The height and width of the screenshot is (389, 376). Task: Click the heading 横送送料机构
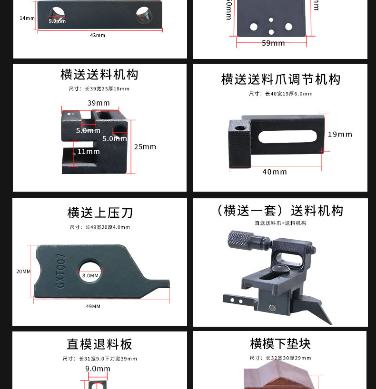coord(99,75)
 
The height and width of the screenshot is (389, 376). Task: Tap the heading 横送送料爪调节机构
coord(281,79)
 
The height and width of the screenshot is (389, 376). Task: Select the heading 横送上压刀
coord(100,213)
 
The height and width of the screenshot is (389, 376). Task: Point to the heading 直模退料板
coord(99,344)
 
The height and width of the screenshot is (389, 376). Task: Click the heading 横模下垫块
coord(280,343)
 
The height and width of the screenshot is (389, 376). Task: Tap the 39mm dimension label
coord(99,103)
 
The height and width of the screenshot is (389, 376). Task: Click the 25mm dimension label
coord(145,147)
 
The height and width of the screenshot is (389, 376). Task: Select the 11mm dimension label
coord(89,152)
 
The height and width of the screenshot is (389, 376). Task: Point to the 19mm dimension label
coord(340,135)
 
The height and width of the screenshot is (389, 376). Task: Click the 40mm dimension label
coord(275,172)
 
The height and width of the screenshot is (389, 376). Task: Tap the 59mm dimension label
coord(273,43)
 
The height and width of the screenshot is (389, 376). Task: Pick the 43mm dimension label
coord(98,35)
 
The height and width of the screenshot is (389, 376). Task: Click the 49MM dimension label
coord(93,306)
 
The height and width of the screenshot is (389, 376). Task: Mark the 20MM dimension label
coord(23,272)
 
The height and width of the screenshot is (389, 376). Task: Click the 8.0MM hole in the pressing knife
coord(90,271)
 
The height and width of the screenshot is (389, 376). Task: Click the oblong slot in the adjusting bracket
coord(287,137)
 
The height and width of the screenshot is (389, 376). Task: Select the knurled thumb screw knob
coord(238,239)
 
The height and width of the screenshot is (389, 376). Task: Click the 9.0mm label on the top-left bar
coord(57,21)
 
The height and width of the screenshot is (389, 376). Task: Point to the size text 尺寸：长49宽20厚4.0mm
coord(99,227)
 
